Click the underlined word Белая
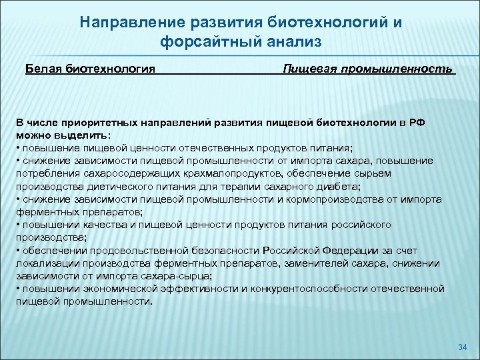43,69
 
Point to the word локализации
47,263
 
